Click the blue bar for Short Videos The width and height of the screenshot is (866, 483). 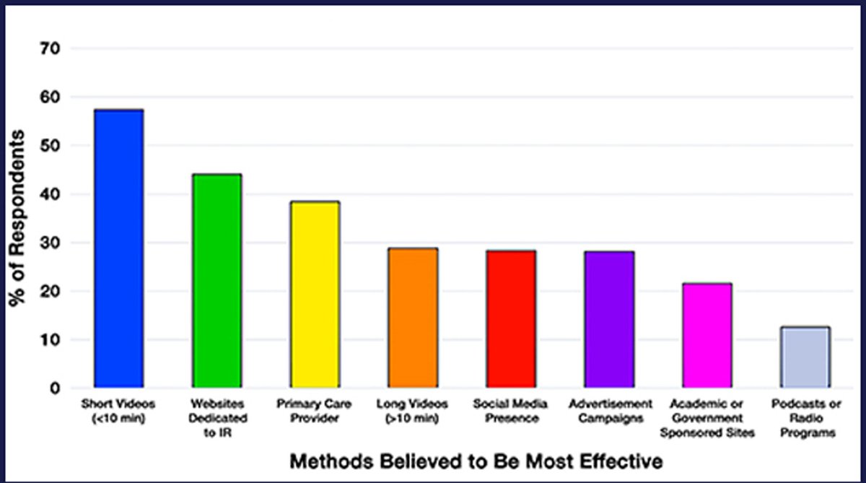pyautogui.click(x=118, y=249)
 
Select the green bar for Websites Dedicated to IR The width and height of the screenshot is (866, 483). pyautogui.click(x=216, y=282)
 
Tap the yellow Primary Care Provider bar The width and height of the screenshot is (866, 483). pyautogui.click(x=315, y=295)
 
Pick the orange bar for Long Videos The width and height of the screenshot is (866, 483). pyautogui.click(x=413, y=318)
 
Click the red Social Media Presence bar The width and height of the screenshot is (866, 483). pyautogui.click(x=511, y=319)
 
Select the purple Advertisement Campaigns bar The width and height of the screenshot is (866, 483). pyautogui.click(x=609, y=319)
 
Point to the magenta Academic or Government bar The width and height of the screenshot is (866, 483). pyautogui.click(x=707, y=336)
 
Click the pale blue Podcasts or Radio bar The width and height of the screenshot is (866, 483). pyautogui.click(x=805, y=357)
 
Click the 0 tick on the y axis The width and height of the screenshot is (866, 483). pyautogui.click(x=55, y=388)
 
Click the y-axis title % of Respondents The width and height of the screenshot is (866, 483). pyautogui.click(x=17, y=218)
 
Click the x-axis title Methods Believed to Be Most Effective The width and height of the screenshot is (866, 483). pyautogui.click(x=476, y=460)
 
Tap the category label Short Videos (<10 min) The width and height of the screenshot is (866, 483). pyautogui.click(x=118, y=410)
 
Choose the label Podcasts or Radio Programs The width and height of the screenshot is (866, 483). pyautogui.click(x=805, y=418)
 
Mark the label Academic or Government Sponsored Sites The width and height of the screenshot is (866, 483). pyautogui.click(x=707, y=418)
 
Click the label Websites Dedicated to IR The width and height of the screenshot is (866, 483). pyautogui.click(x=216, y=418)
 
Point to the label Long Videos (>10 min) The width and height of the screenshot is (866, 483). pyautogui.click(x=413, y=410)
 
